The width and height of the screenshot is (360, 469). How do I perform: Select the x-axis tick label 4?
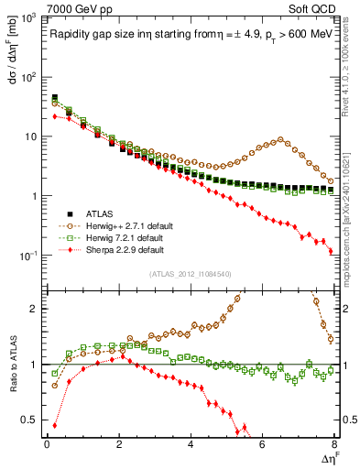[191, 444]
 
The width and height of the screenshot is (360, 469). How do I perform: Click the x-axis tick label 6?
[262, 444]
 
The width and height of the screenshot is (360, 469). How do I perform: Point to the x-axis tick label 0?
[47, 444]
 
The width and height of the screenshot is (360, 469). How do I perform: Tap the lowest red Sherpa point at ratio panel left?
[55, 425]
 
